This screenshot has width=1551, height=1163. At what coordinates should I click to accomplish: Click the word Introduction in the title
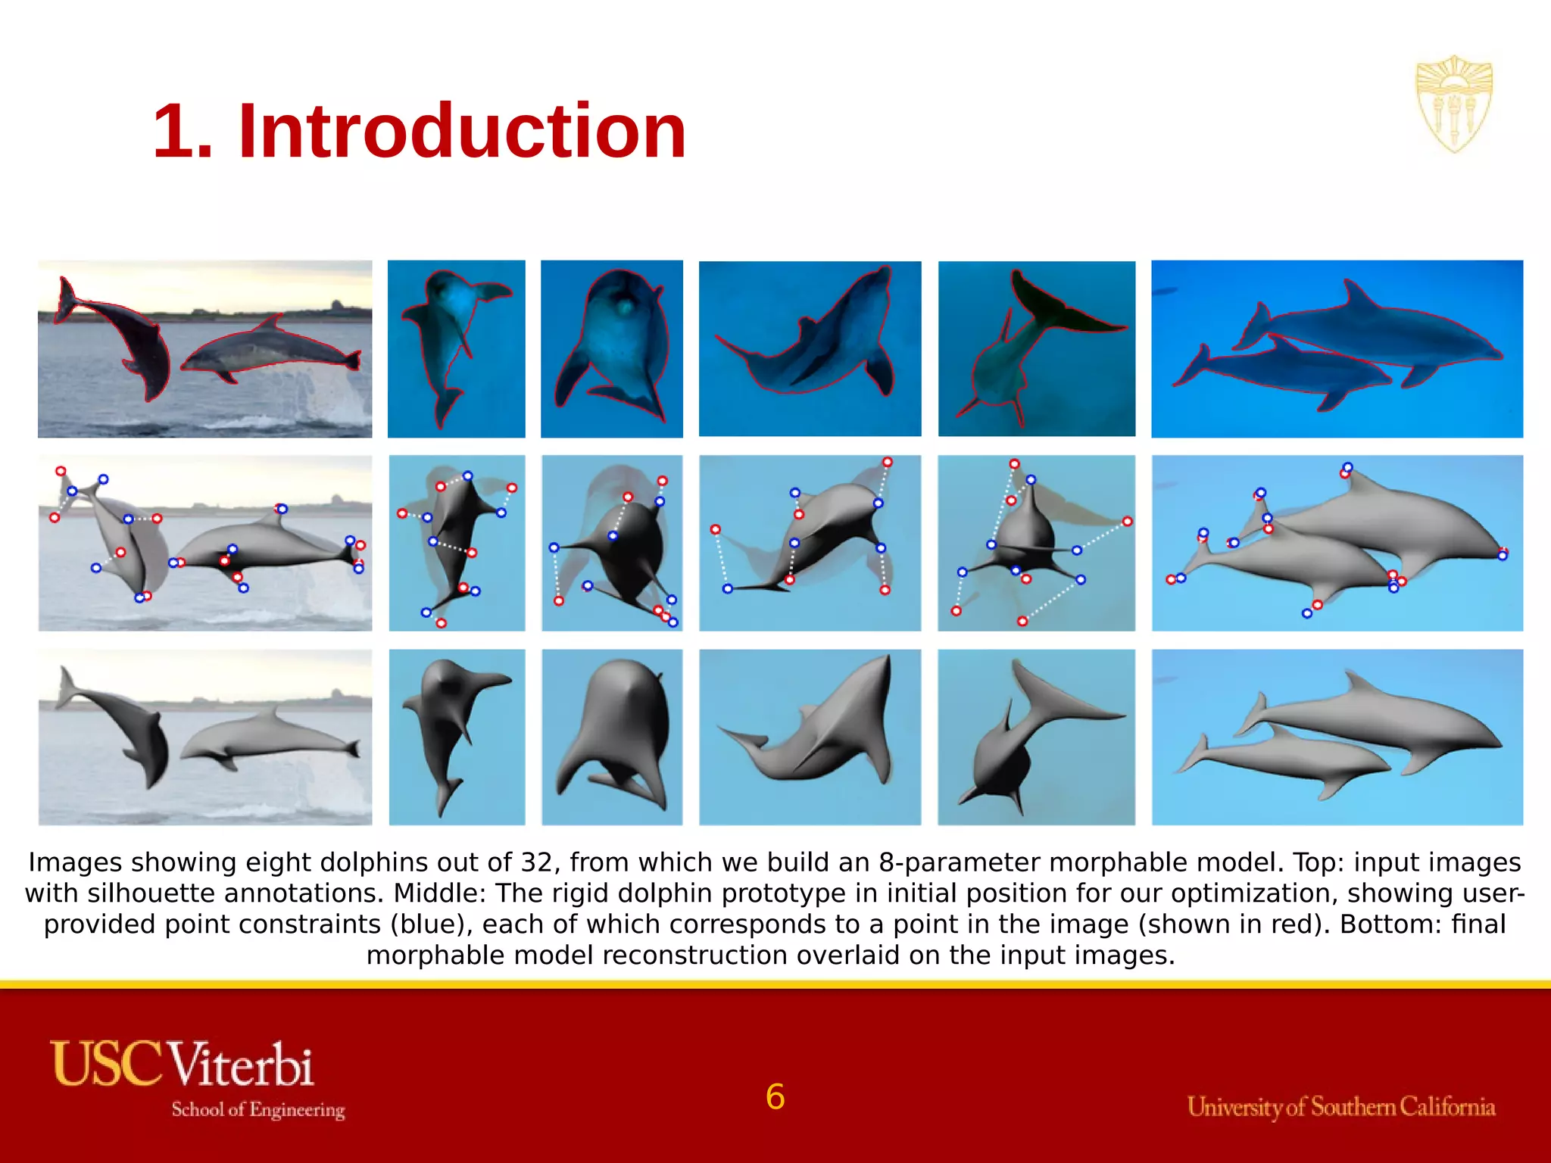click(x=462, y=132)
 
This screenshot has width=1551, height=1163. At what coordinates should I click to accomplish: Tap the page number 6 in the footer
click(x=775, y=1097)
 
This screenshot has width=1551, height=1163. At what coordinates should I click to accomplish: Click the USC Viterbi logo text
click(x=182, y=1064)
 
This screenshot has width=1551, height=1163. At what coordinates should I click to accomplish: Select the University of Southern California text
click(x=1341, y=1107)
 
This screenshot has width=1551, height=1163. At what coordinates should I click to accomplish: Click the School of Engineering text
click(x=258, y=1110)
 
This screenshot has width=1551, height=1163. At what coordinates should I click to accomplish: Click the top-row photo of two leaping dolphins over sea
click(x=205, y=349)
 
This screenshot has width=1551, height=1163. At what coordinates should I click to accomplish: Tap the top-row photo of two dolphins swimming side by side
click(x=1337, y=349)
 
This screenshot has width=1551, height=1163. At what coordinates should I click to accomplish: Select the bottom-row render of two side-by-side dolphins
click(x=1337, y=737)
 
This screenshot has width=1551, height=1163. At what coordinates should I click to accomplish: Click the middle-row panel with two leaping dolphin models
click(x=205, y=543)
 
